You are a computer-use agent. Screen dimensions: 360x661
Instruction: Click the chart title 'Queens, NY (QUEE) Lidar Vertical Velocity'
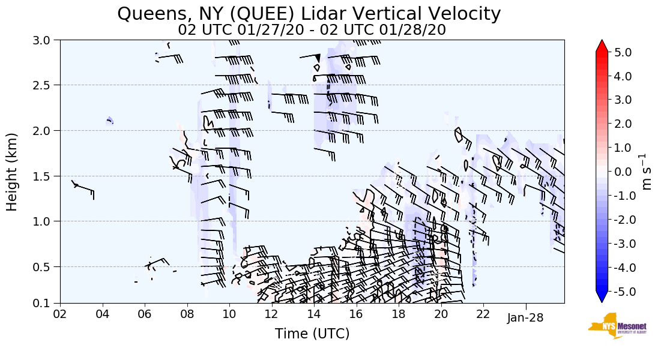click(x=309, y=14)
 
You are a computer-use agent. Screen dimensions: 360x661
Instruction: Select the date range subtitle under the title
click(x=312, y=29)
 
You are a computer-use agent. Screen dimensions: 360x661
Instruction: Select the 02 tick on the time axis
click(x=60, y=315)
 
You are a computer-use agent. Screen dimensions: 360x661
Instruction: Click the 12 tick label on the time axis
click(x=271, y=315)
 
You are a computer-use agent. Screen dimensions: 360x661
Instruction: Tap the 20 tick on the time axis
click(x=441, y=315)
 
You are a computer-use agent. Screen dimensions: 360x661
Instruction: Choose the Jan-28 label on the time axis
click(x=525, y=317)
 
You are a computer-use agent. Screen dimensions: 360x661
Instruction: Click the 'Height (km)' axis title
click(x=13, y=172)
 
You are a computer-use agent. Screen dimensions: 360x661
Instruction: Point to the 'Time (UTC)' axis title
click(x=312, y=334)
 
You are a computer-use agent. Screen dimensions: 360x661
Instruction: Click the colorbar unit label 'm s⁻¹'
click(x=647, y=172)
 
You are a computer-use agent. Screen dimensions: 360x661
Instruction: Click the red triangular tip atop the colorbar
click(x=602, y=46)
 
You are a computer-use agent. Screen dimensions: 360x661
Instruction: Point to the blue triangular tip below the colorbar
click(x=602, y=297)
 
